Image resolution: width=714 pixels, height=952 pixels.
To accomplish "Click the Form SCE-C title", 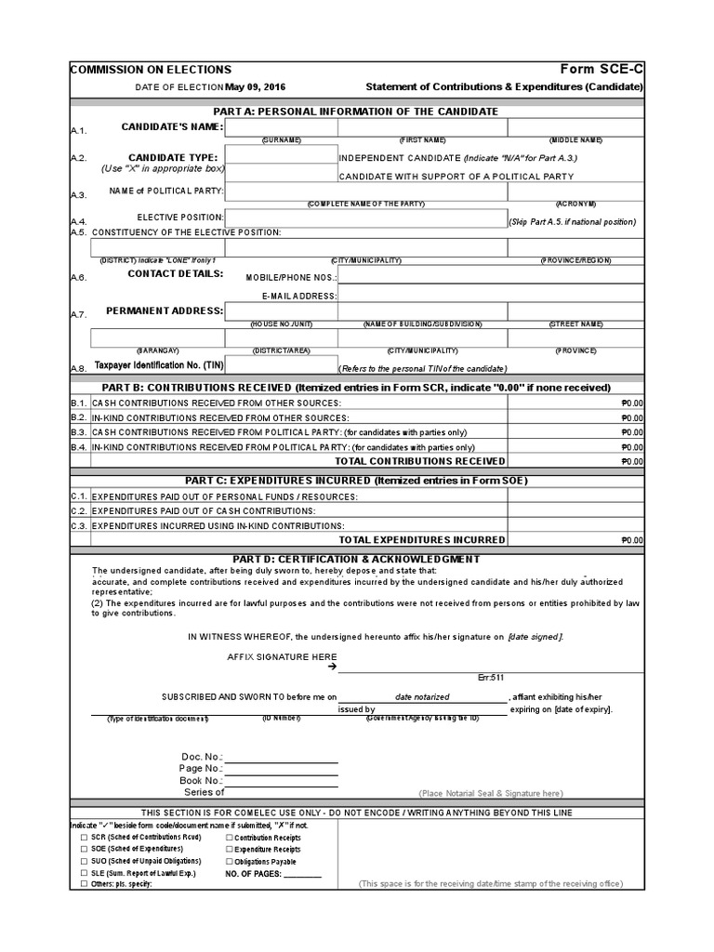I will (602, 70).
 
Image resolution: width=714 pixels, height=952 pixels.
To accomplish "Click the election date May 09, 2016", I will (256, 86).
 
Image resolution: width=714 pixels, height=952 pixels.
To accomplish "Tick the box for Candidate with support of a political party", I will (281, 174).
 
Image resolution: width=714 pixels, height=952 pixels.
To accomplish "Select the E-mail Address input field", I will (490, 294).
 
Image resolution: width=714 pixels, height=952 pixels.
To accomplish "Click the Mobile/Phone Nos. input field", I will (490, 276).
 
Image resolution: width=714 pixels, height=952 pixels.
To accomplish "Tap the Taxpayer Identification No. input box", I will (281, 364).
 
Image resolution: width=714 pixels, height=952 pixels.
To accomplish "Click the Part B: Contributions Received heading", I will (356, 387).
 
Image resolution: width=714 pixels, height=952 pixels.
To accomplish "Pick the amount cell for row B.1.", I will (575, 403).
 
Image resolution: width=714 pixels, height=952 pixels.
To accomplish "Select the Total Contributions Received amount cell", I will (575, 461).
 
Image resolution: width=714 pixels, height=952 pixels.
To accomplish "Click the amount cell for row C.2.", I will (575, 511).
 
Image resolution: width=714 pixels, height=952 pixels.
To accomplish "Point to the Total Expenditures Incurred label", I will (421, 540).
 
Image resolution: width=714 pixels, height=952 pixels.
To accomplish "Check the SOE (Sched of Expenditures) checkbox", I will (86, 850).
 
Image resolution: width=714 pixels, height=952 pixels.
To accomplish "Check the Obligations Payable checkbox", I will (230, 861).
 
